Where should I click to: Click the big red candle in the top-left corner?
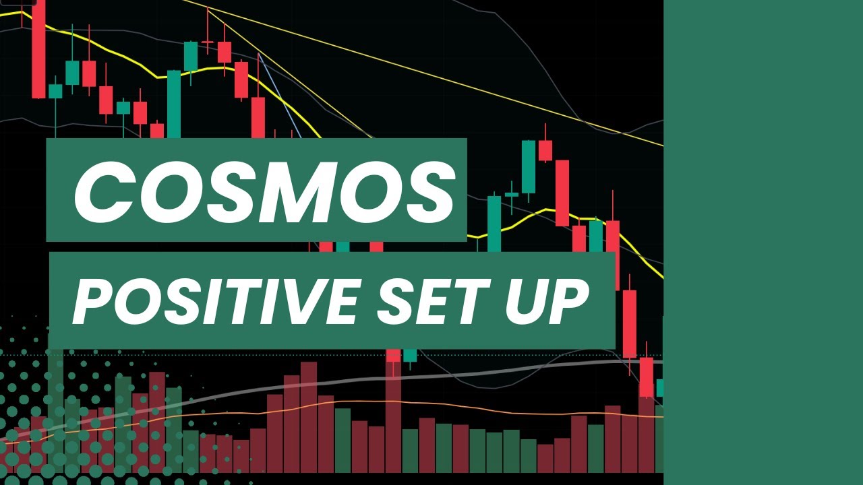(x=38, y=51)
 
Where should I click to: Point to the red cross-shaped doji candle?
(x=208, y=42)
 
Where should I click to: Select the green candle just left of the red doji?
(x=191, y=57)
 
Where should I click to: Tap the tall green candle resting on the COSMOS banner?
(x=174, y=104)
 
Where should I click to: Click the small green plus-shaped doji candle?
(x=512, y=194)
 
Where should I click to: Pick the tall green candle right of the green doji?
(x=528, y=166)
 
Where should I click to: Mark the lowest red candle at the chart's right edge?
(x=647, y=377)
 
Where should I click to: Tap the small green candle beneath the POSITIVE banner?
(x=410, y=355)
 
